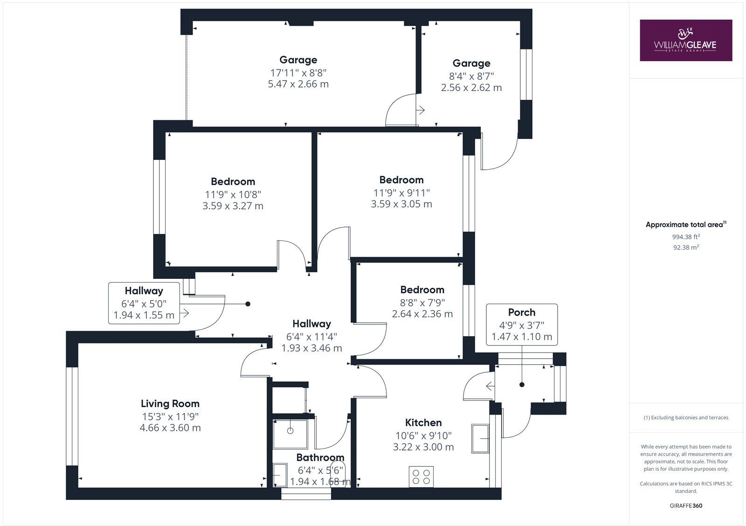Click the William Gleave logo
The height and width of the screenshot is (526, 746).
(x=685, y=40)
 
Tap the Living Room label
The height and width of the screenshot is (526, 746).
(x=170, y=404)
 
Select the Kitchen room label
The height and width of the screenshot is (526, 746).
(x=423, y=423)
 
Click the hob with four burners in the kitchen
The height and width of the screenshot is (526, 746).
(x=421, y=477)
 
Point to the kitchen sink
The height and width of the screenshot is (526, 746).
(x=480, y=438)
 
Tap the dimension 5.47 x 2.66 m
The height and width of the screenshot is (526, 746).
(x=298, y=84)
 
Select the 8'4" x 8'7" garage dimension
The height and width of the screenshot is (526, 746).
(x=471, y=76)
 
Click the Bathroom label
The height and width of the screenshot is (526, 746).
(x=320, y=457)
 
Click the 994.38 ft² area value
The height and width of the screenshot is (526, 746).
(x=685, y=236)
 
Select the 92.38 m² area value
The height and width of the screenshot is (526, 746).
(x=685, y=248)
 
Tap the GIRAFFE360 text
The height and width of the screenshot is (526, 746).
(x=685, y=505)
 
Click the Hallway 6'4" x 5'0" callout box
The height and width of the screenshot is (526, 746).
(x=144, y=303)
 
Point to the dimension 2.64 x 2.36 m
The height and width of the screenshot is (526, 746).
(x=422, y=314)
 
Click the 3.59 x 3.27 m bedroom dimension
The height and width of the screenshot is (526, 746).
(x=233, y=206)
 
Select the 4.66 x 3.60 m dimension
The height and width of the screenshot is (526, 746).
(x=170, y=428)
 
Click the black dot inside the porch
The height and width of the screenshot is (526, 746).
(x=522, y=385)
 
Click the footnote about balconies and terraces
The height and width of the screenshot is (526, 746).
(x=685, y=418)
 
